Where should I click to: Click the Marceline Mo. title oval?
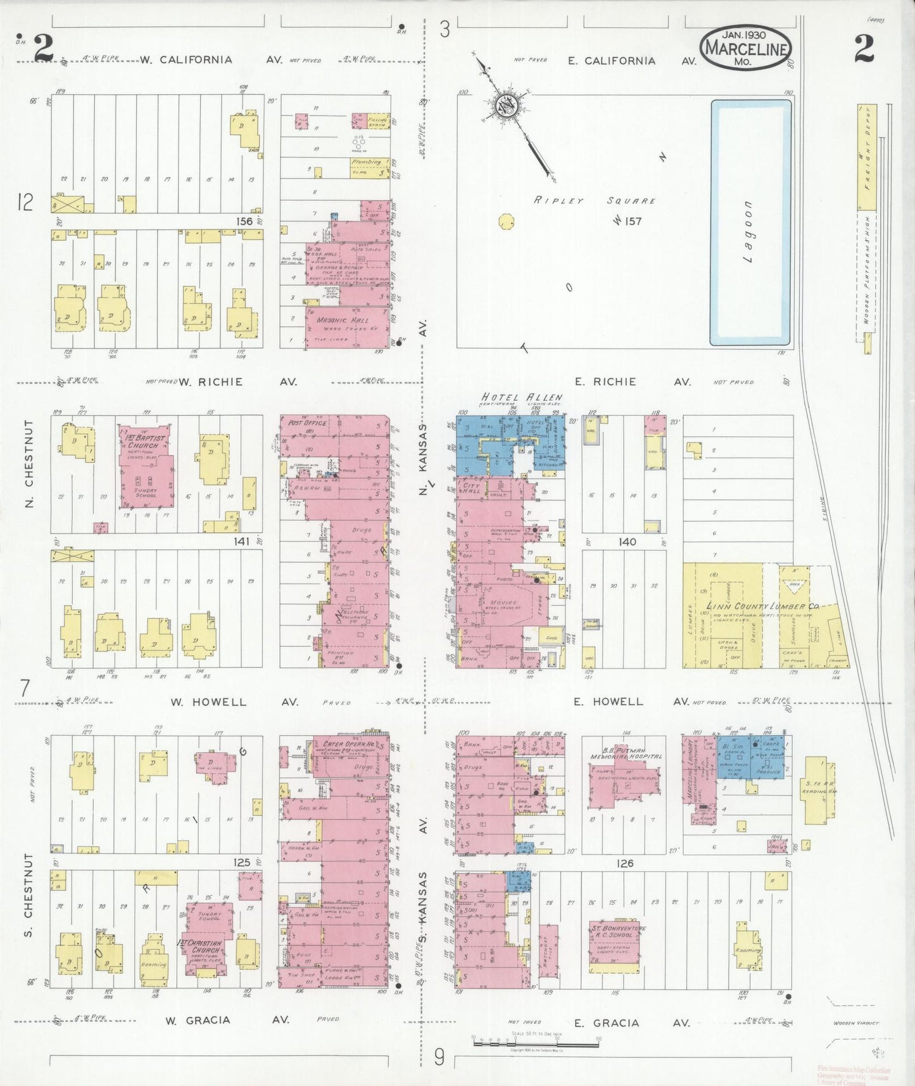[746, 48]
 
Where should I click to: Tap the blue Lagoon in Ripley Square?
[750, 222]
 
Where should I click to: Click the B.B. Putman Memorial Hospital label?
[626, 753]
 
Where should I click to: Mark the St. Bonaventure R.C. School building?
[615, 945]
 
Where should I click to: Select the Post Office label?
[307, 423]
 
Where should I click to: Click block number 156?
[244, 221]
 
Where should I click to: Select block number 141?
[241, 541]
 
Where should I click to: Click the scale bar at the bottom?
[536, 1038]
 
